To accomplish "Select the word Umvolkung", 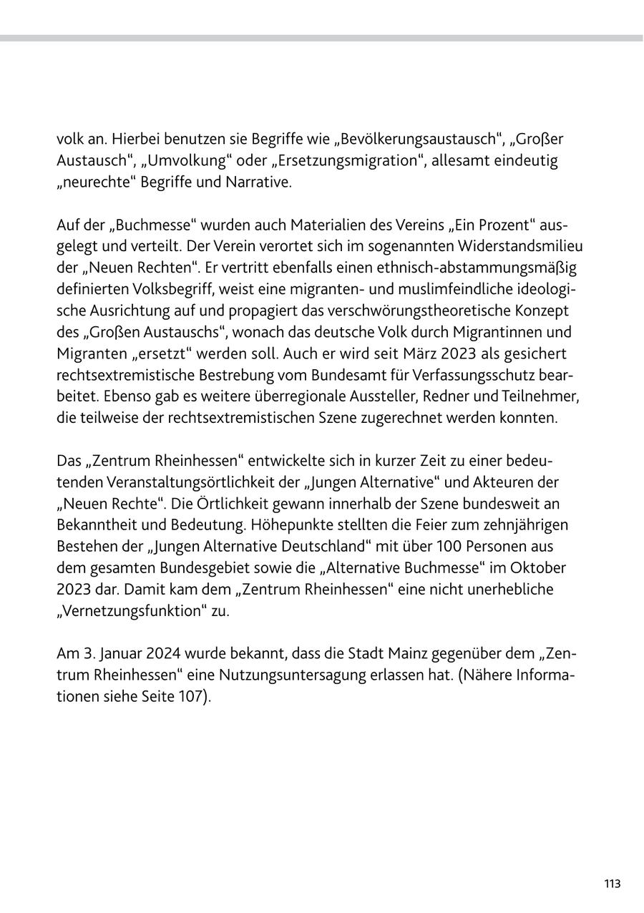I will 163,160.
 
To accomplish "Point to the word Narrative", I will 259,182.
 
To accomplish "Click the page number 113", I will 612,884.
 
